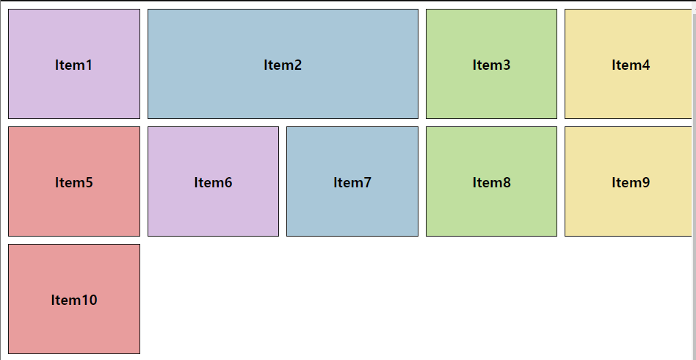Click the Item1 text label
[73, 65]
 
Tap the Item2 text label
[283, 65]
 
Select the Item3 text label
[491, 65]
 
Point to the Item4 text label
[630, 65]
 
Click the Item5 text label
[73, 182]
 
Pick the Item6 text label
[213, 182]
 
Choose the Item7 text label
[352, 182]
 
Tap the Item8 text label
[491, 182]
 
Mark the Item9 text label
[630, 182]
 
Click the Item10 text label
[73, 300]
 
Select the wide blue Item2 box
[283, 96]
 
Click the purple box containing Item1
[73, 96]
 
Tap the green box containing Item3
[491, 96]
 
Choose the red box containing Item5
[73, 213]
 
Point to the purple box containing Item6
[213, 213]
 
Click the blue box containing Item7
[352, 213]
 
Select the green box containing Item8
[491, 213]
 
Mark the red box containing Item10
[73, 331]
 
